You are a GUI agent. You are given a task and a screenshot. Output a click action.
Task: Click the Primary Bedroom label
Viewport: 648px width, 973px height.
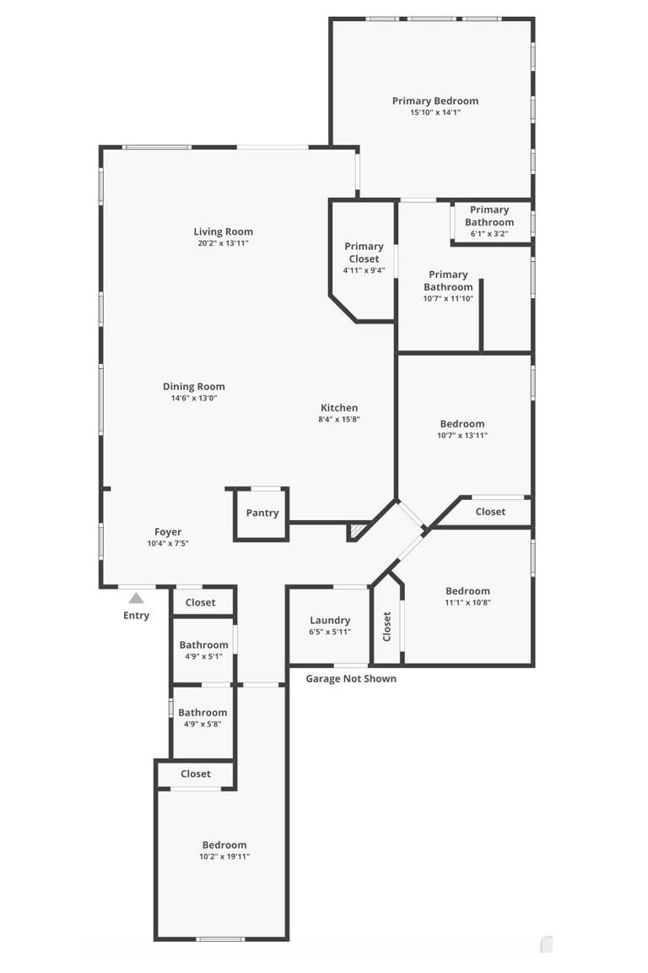coord(435,101)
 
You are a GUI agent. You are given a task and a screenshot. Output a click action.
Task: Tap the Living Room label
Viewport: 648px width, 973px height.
coord(223,231)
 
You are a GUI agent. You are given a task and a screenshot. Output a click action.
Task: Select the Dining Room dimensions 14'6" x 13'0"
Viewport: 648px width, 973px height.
coord(194,398)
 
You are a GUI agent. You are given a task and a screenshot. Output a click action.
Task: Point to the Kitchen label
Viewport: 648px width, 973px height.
coord(338,408)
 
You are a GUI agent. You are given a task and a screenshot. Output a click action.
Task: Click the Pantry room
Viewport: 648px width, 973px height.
coord(262,514)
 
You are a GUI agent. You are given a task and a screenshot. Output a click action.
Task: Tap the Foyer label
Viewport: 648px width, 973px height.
coord(168,532)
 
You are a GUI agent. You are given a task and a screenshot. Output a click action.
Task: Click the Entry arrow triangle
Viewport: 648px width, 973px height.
coord(136,598)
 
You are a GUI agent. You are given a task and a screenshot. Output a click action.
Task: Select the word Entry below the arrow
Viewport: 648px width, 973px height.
coord(136,615)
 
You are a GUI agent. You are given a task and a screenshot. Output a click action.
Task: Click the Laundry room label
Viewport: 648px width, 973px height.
coord(329,621)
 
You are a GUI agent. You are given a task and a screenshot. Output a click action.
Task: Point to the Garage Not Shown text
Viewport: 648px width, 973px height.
coord(351,678)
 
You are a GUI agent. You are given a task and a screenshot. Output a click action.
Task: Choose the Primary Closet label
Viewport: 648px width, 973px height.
coord(364,253)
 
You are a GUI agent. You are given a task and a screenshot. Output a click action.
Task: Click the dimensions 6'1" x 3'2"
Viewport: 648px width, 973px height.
coord(489,234)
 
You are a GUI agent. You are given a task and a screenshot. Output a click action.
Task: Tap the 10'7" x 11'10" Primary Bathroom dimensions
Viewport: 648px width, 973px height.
coord(448,298)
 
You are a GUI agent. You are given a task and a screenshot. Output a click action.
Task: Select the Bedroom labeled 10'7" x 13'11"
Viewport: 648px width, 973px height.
coord(462,424)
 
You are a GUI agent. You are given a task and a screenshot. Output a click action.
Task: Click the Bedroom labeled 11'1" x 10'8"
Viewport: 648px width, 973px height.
coord(467,591)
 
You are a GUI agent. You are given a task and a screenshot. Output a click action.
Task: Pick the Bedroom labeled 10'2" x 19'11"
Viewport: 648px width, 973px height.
coord(224,845)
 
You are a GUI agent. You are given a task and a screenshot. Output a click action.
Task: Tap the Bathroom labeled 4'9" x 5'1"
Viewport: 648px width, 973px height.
coord(203,645)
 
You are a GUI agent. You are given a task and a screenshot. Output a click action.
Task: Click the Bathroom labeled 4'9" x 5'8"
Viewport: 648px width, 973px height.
coord(202,713)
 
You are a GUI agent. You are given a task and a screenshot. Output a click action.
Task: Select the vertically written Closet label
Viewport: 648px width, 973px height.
coord(387,626)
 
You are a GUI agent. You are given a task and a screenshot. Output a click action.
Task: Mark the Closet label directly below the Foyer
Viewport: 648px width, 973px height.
coord(200,602)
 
